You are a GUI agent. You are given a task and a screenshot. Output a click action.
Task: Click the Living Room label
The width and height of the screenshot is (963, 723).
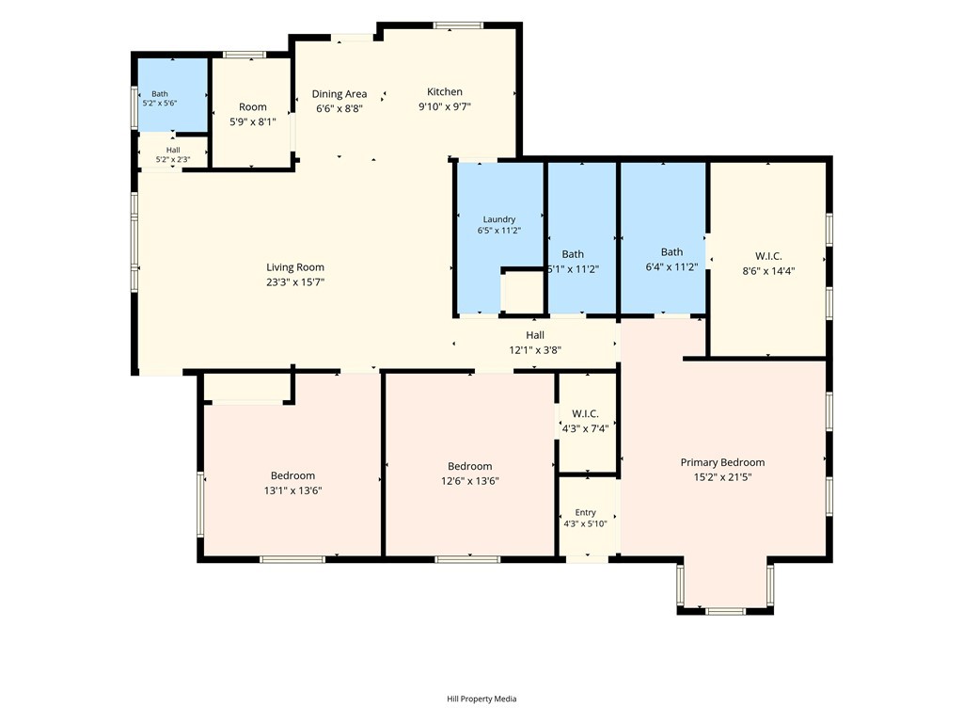(x=294, y=267)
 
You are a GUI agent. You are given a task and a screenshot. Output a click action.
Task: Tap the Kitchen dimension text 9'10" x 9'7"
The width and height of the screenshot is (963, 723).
(x=445, y=106)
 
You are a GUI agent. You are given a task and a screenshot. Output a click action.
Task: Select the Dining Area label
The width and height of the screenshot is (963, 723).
(x=339, y=94)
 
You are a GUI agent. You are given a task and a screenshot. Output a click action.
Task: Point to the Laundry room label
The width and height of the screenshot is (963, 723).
(x=498, y=219)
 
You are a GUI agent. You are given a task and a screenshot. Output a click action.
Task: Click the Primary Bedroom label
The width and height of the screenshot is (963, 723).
(x=722, y=462)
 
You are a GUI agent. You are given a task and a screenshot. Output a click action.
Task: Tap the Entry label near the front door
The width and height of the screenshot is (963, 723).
(x=585, y=512)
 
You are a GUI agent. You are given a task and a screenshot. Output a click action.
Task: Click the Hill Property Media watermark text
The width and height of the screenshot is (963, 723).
(x=481, y=699)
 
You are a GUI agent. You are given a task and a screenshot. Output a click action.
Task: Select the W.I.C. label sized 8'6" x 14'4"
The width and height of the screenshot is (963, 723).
(x=768, y=256)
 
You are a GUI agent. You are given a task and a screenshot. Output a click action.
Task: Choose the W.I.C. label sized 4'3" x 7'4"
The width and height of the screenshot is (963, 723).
(x=585, y=414)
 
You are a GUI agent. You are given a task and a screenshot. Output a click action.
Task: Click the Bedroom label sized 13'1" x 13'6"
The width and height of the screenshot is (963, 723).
(x=293, y=475)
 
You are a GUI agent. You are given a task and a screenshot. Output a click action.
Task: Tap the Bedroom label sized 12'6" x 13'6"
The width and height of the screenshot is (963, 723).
(x=470, y=466)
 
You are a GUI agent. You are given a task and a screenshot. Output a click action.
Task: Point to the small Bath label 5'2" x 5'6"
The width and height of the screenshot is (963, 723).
(x=160, y=94)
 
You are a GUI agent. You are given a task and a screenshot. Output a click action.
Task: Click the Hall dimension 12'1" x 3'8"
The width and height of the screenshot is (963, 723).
(x=535, y=350)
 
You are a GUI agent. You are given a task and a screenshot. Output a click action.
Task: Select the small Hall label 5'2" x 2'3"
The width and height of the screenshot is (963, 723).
(x=173, y=150)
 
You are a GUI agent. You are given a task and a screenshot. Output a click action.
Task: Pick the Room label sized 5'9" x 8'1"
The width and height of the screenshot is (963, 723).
(x=252, y=107)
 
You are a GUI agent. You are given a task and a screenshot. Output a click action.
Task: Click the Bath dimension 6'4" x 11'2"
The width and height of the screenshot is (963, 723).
(x=671, y=267)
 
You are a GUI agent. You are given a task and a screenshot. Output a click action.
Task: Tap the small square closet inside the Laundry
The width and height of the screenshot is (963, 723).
(x=523, y=292)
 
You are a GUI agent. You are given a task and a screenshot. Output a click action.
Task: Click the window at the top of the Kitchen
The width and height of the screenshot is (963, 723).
(x=458, y=25)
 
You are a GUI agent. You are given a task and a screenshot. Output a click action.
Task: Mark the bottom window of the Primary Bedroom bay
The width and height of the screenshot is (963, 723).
(x=725, y=611)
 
